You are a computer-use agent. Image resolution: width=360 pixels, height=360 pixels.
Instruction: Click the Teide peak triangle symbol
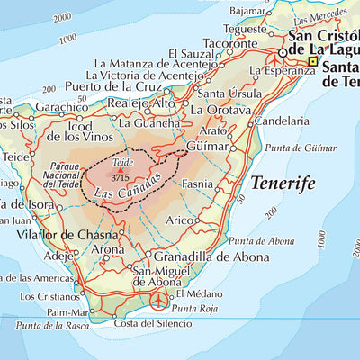click(121, 170)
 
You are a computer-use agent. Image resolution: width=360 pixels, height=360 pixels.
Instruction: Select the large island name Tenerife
click(283, 184)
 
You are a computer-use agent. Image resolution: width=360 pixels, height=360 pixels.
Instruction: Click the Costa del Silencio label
click(148, 323)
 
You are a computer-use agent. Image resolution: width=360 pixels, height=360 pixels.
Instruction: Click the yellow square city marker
click(313, 62)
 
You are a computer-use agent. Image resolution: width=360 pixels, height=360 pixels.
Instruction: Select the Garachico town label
click(61, 106)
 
